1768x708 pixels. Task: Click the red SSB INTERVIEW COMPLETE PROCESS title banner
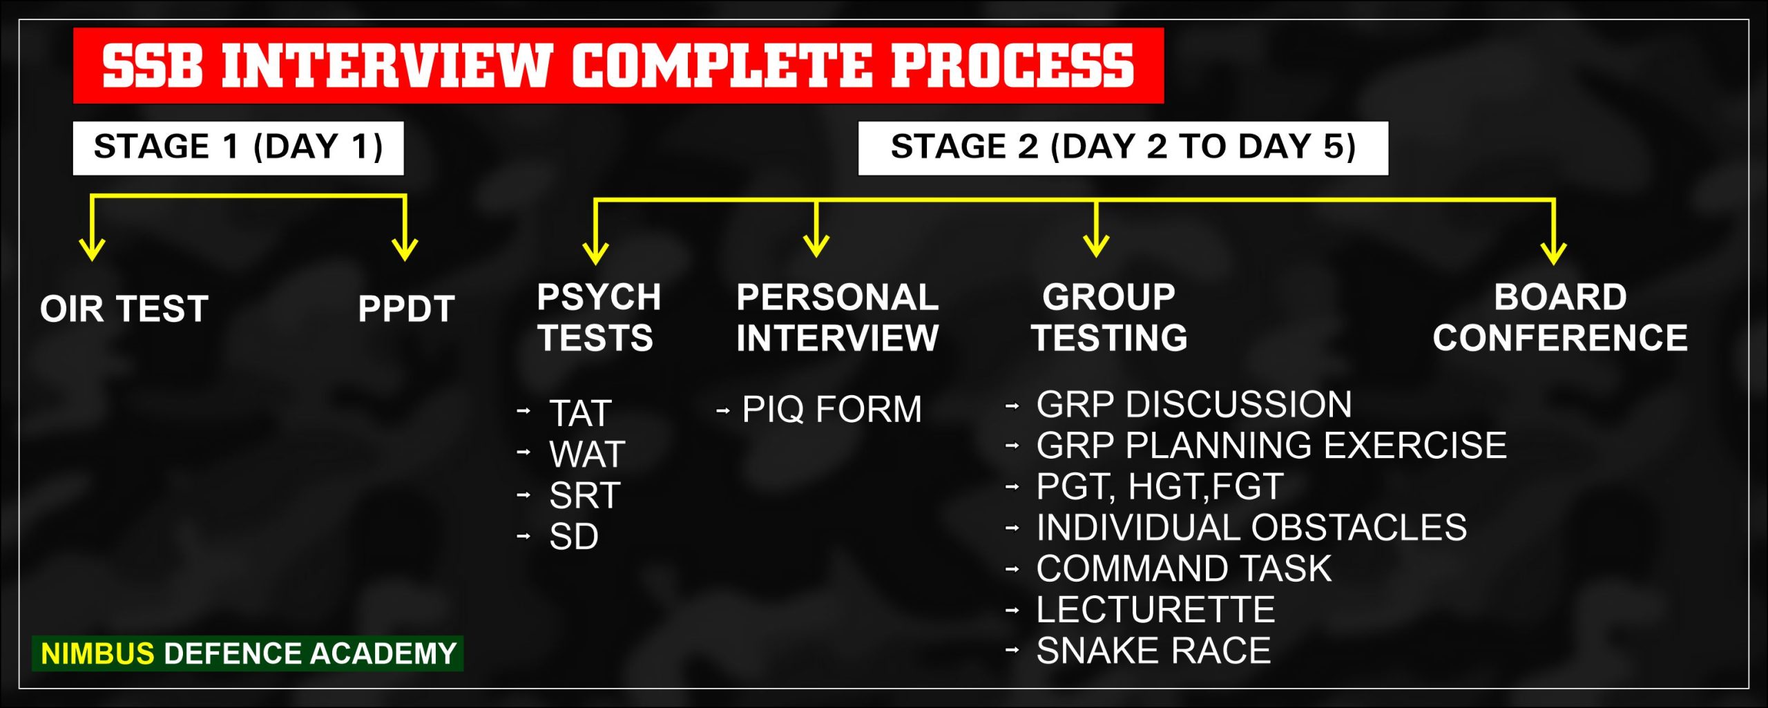coord(618,66)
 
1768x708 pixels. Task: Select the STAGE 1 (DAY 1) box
coord(238,148)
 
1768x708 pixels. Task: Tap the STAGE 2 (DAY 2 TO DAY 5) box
coord(1123,148)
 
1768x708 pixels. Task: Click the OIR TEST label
coord(124,309)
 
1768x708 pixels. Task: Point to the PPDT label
coord(406,309)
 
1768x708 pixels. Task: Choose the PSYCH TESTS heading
coord(598,318)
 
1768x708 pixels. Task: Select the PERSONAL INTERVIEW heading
coord(837,318)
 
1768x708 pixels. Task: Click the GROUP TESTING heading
coord(1109,318)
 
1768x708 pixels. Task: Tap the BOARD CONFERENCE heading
coord(1560,318)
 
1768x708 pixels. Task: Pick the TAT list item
coord(580,413)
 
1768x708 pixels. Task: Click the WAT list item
coord(587,454)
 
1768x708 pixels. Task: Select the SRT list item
coord(585,495)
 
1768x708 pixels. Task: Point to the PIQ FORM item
coord(832,409)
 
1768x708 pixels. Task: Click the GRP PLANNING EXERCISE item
coord(1271,446)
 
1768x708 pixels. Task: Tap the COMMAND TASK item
coord(1184,568)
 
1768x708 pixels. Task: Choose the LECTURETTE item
coord(1155,610)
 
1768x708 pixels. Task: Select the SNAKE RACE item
coord(1153,651)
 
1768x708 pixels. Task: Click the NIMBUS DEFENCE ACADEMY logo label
coord(248,653)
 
